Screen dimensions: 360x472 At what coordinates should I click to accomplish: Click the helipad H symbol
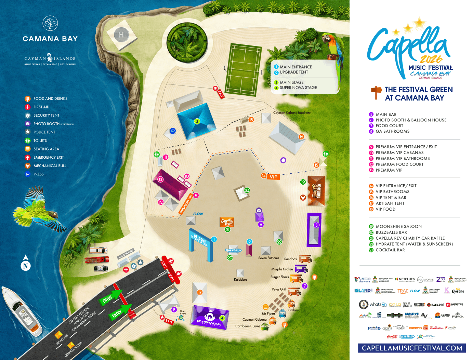[121, 35]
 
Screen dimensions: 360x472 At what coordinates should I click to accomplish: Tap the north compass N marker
[26, 266]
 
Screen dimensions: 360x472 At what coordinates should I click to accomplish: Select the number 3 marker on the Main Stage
[197, 121]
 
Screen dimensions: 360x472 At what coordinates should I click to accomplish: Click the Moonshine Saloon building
[316, 191]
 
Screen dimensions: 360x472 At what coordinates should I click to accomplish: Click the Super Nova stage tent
[209, 317]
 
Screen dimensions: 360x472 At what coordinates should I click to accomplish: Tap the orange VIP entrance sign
[274, 177]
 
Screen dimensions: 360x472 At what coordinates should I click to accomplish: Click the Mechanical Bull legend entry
[50, 166]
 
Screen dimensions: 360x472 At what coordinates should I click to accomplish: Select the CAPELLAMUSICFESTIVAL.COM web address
[412, 348]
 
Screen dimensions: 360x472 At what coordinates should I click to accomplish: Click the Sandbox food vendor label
[290, 259]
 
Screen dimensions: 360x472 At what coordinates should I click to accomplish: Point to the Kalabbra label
[240, 280]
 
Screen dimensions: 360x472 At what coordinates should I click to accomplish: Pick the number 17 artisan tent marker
[200, 292]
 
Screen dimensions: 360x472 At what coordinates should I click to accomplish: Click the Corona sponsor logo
[458, 291]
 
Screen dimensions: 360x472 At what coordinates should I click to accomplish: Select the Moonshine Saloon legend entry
[398, 226]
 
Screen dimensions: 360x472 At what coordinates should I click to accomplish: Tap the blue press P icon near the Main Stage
[173, 131]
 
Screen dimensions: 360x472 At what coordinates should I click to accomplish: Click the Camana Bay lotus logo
[50, 23]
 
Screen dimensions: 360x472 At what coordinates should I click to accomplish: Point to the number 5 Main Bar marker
[316, 225]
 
